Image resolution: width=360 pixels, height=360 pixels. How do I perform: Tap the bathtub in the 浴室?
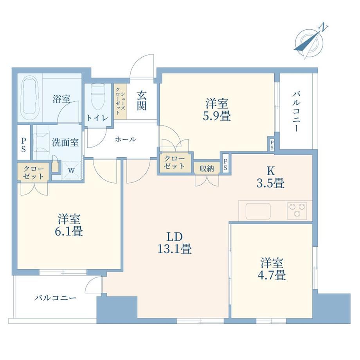30,98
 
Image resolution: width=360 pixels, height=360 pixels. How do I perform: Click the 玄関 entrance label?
142,101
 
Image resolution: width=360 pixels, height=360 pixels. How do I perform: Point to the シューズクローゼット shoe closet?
121,101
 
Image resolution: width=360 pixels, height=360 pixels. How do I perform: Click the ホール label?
126,139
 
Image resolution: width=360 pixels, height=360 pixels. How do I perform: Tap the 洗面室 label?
65,142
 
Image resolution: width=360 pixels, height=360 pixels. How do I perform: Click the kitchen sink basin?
258,211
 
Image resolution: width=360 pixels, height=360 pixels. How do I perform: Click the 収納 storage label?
207,169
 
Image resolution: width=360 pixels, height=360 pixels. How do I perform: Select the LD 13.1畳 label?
175,243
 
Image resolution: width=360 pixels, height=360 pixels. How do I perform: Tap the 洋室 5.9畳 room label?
217,110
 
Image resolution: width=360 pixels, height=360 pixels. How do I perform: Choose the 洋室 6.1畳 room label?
69,225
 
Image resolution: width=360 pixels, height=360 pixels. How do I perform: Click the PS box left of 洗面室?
23,142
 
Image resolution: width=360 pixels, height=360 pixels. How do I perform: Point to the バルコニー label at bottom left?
55,298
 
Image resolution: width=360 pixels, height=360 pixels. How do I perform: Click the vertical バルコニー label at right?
296,111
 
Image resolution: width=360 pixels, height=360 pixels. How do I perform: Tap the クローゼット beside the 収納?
175,162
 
